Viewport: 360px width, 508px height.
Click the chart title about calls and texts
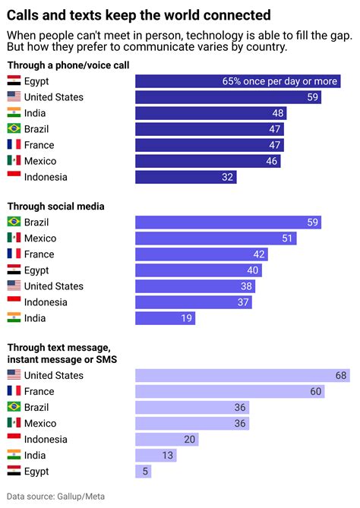[x=139, y=14]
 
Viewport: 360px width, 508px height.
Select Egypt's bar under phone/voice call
[x=238, y=81]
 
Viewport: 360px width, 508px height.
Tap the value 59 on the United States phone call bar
[x=312, y=97]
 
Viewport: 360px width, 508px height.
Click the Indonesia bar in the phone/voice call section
[x=186, y=177]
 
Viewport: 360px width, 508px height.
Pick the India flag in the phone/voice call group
[x=14, y=113]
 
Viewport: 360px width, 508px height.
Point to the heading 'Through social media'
[x=55, y=206]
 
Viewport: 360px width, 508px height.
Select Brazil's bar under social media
[x=228, y=222]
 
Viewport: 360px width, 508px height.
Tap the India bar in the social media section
[x=165, y=318]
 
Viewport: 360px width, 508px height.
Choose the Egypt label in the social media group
[x=37, y=270]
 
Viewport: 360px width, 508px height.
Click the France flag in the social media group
[x=14, y=254]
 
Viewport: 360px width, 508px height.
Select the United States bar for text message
[x=242, y=375]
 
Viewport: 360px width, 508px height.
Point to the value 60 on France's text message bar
[x=314, y=391]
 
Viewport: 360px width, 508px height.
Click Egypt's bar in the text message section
[x=144, y=472]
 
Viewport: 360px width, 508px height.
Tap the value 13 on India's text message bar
[x=167, y=456]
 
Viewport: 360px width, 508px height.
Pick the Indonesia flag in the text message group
[x=14, y=439]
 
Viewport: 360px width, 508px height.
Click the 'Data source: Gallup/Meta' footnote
[x=56, y=497]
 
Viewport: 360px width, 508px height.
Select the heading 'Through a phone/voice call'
[x=68, y=65]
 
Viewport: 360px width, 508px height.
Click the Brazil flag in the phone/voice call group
[x=14, y=129]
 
